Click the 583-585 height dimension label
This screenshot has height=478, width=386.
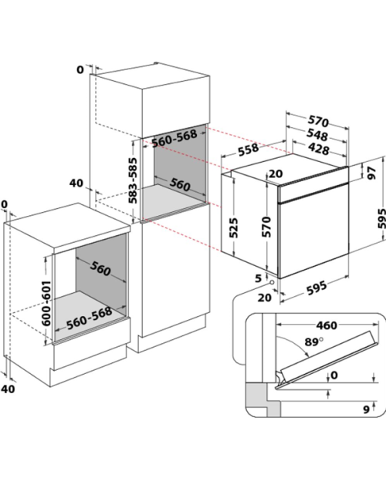point(133,180)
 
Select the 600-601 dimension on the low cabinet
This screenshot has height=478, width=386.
point(46,303)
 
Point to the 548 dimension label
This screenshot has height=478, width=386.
point(317,135)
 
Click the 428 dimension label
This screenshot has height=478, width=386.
point(319,149)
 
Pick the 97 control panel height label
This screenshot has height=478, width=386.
point(371,173)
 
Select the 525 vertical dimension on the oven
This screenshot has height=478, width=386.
point(234,227)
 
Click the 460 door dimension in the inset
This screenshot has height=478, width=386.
point(327,325)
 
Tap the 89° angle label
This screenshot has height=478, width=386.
point(314,342)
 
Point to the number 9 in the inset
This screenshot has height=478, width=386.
point(367,409)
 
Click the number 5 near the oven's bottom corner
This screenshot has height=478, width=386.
point(258,278)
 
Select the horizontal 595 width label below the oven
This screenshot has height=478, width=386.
point(317,288)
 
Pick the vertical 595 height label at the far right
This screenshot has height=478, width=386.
point(381,218)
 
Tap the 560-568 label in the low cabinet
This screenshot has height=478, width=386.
point(90,318)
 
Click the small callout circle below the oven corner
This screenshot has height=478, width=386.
point(271,282)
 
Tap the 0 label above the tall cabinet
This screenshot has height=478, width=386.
point(80,70)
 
